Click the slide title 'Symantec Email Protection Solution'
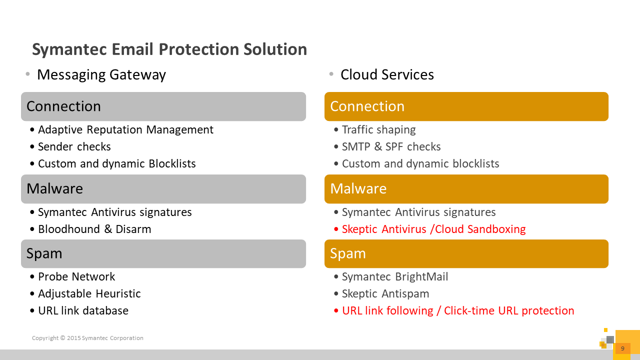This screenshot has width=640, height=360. click(169, 49)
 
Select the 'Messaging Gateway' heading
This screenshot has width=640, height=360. click(101, 75)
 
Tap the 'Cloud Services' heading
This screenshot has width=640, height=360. click(387, 74)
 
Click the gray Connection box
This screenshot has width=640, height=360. click(163, 106)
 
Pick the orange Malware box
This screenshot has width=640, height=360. click(466, 189)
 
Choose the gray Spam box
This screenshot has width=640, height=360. click(163, 253)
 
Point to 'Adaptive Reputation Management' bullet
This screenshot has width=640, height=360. click(125, 130)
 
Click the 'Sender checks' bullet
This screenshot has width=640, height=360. click(74, 146)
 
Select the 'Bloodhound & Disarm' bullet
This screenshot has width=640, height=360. click(94, 229)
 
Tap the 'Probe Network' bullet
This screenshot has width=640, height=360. click(76, 277)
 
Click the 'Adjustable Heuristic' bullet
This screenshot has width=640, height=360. click(89, 294)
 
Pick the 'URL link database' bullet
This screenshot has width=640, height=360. click(83, 310)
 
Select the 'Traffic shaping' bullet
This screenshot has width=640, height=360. click(379, 130)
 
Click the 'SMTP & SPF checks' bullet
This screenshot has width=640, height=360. click(391, 146)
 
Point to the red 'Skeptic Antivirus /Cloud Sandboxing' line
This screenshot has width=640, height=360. click(433, 229)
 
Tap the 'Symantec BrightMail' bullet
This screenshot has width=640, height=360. click(395, 277)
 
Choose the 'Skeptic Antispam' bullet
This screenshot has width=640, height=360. click(385, 294)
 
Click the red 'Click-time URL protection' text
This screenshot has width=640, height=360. click(509, 311)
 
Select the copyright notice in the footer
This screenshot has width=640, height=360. click(87, 338)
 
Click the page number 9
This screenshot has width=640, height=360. click(622, 348)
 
